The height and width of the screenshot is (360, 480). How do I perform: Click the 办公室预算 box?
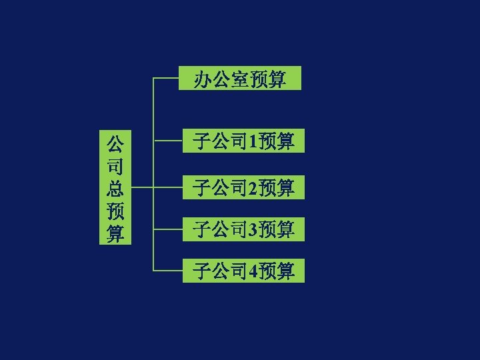[x=241, y=79]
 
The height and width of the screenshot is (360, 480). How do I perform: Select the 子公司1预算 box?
[x=243, y=141]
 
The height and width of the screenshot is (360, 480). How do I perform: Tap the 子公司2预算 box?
[x=243, y=187]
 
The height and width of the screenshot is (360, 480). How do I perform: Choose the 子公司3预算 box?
[x=243, y=229]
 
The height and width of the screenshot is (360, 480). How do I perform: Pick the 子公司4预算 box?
[x=243, y=271]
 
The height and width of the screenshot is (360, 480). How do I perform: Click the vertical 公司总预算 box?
[x=115, y=188]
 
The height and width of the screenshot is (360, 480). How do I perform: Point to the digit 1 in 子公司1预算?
[x=252, y=141]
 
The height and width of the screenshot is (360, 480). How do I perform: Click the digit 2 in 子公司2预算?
[x=252, y=188]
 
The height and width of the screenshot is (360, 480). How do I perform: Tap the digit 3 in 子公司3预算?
[x=252, y=230]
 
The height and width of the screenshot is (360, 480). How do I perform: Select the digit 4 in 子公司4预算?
[x=252, y=271]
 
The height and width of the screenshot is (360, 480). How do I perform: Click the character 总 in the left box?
[x=115, y=188]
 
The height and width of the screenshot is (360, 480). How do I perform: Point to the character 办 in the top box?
[x=203, y=79]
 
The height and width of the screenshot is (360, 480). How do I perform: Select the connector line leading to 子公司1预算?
[x=168, y=141]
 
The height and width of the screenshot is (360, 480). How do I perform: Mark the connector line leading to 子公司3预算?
[x=168, y=229]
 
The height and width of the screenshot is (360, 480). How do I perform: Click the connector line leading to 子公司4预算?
[x=168, y=271]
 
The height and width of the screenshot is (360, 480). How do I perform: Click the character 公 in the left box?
[x=115, y=143]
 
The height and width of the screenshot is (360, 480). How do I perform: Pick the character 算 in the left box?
[x=115, y=234]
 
